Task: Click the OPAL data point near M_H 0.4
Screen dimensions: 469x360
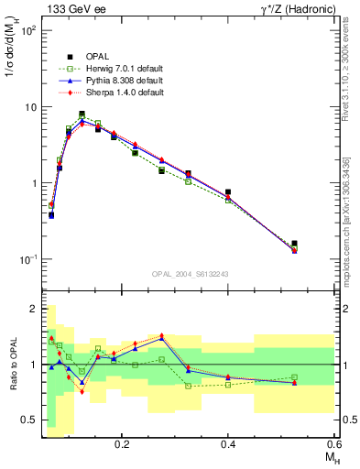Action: click(228, 192)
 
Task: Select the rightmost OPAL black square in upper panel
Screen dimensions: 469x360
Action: click(294, 245)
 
